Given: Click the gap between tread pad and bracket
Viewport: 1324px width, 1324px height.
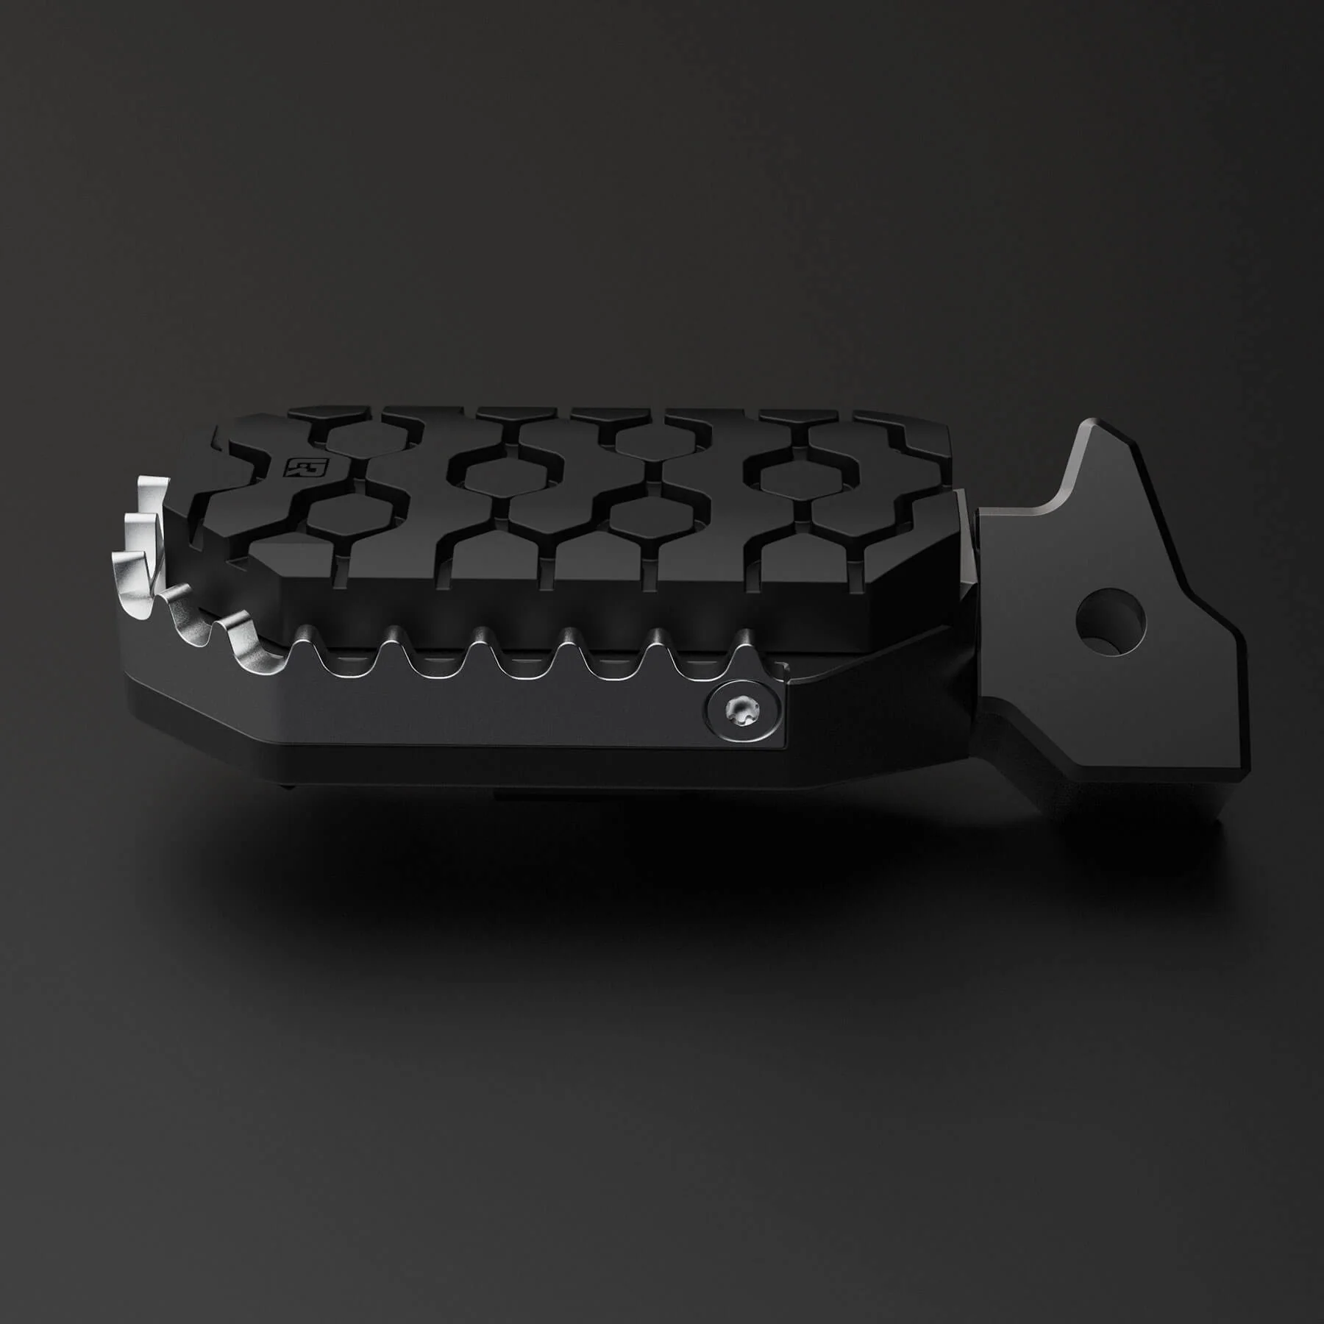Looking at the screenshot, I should pos(969,559).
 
